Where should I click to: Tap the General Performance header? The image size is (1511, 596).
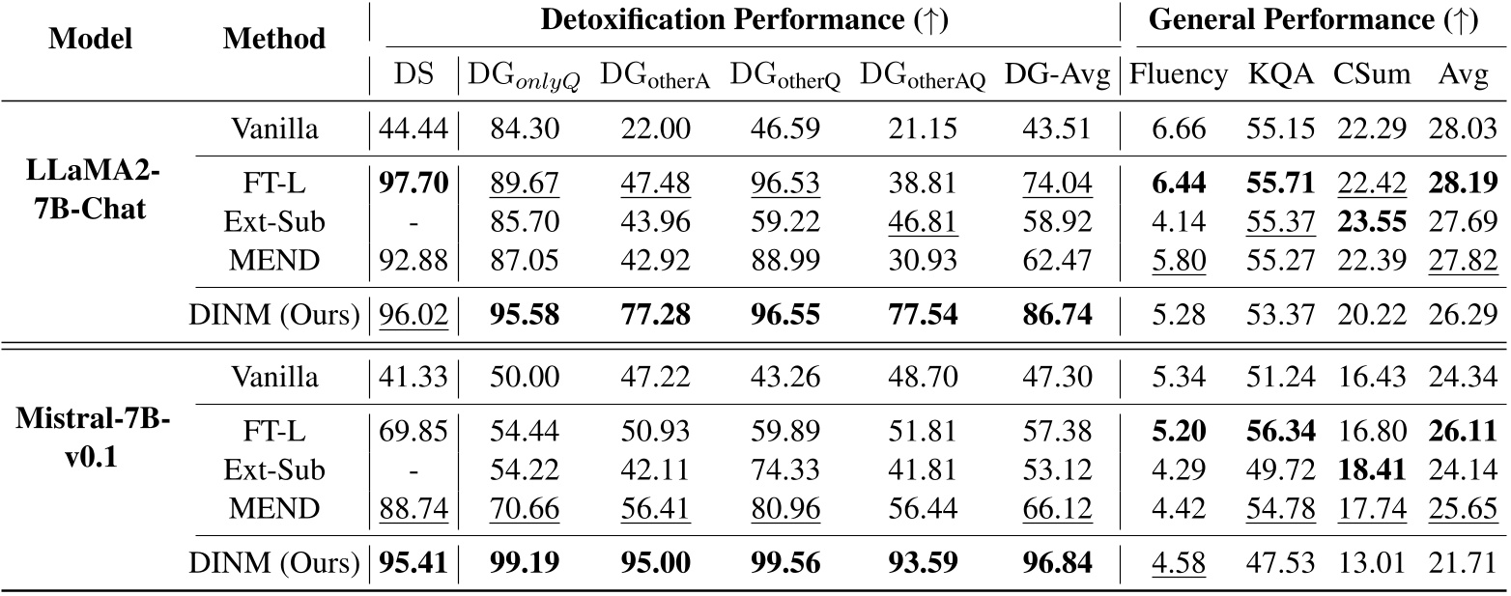point(1314,22)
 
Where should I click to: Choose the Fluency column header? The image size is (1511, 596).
point(1178,76)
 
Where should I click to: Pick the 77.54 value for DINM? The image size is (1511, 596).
point(918,314)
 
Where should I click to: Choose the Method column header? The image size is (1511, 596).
point(274,39)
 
